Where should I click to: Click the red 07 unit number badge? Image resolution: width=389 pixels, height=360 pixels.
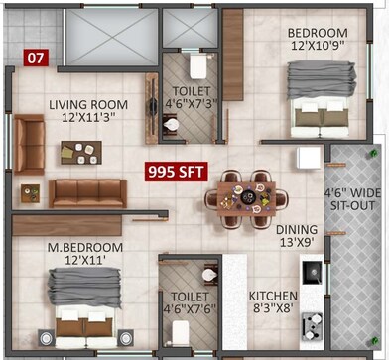point(35,57)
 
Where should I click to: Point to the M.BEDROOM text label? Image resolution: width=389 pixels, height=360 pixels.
point(86,246)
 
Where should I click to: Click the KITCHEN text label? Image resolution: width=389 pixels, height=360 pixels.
point(273,296)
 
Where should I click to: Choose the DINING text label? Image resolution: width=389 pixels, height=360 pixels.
point(298,228)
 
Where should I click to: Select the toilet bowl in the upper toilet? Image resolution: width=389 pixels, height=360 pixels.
point(196,66)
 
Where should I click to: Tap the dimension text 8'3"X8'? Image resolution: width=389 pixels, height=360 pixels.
point(273,309)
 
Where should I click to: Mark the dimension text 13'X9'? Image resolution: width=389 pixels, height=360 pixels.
point(298,243)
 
